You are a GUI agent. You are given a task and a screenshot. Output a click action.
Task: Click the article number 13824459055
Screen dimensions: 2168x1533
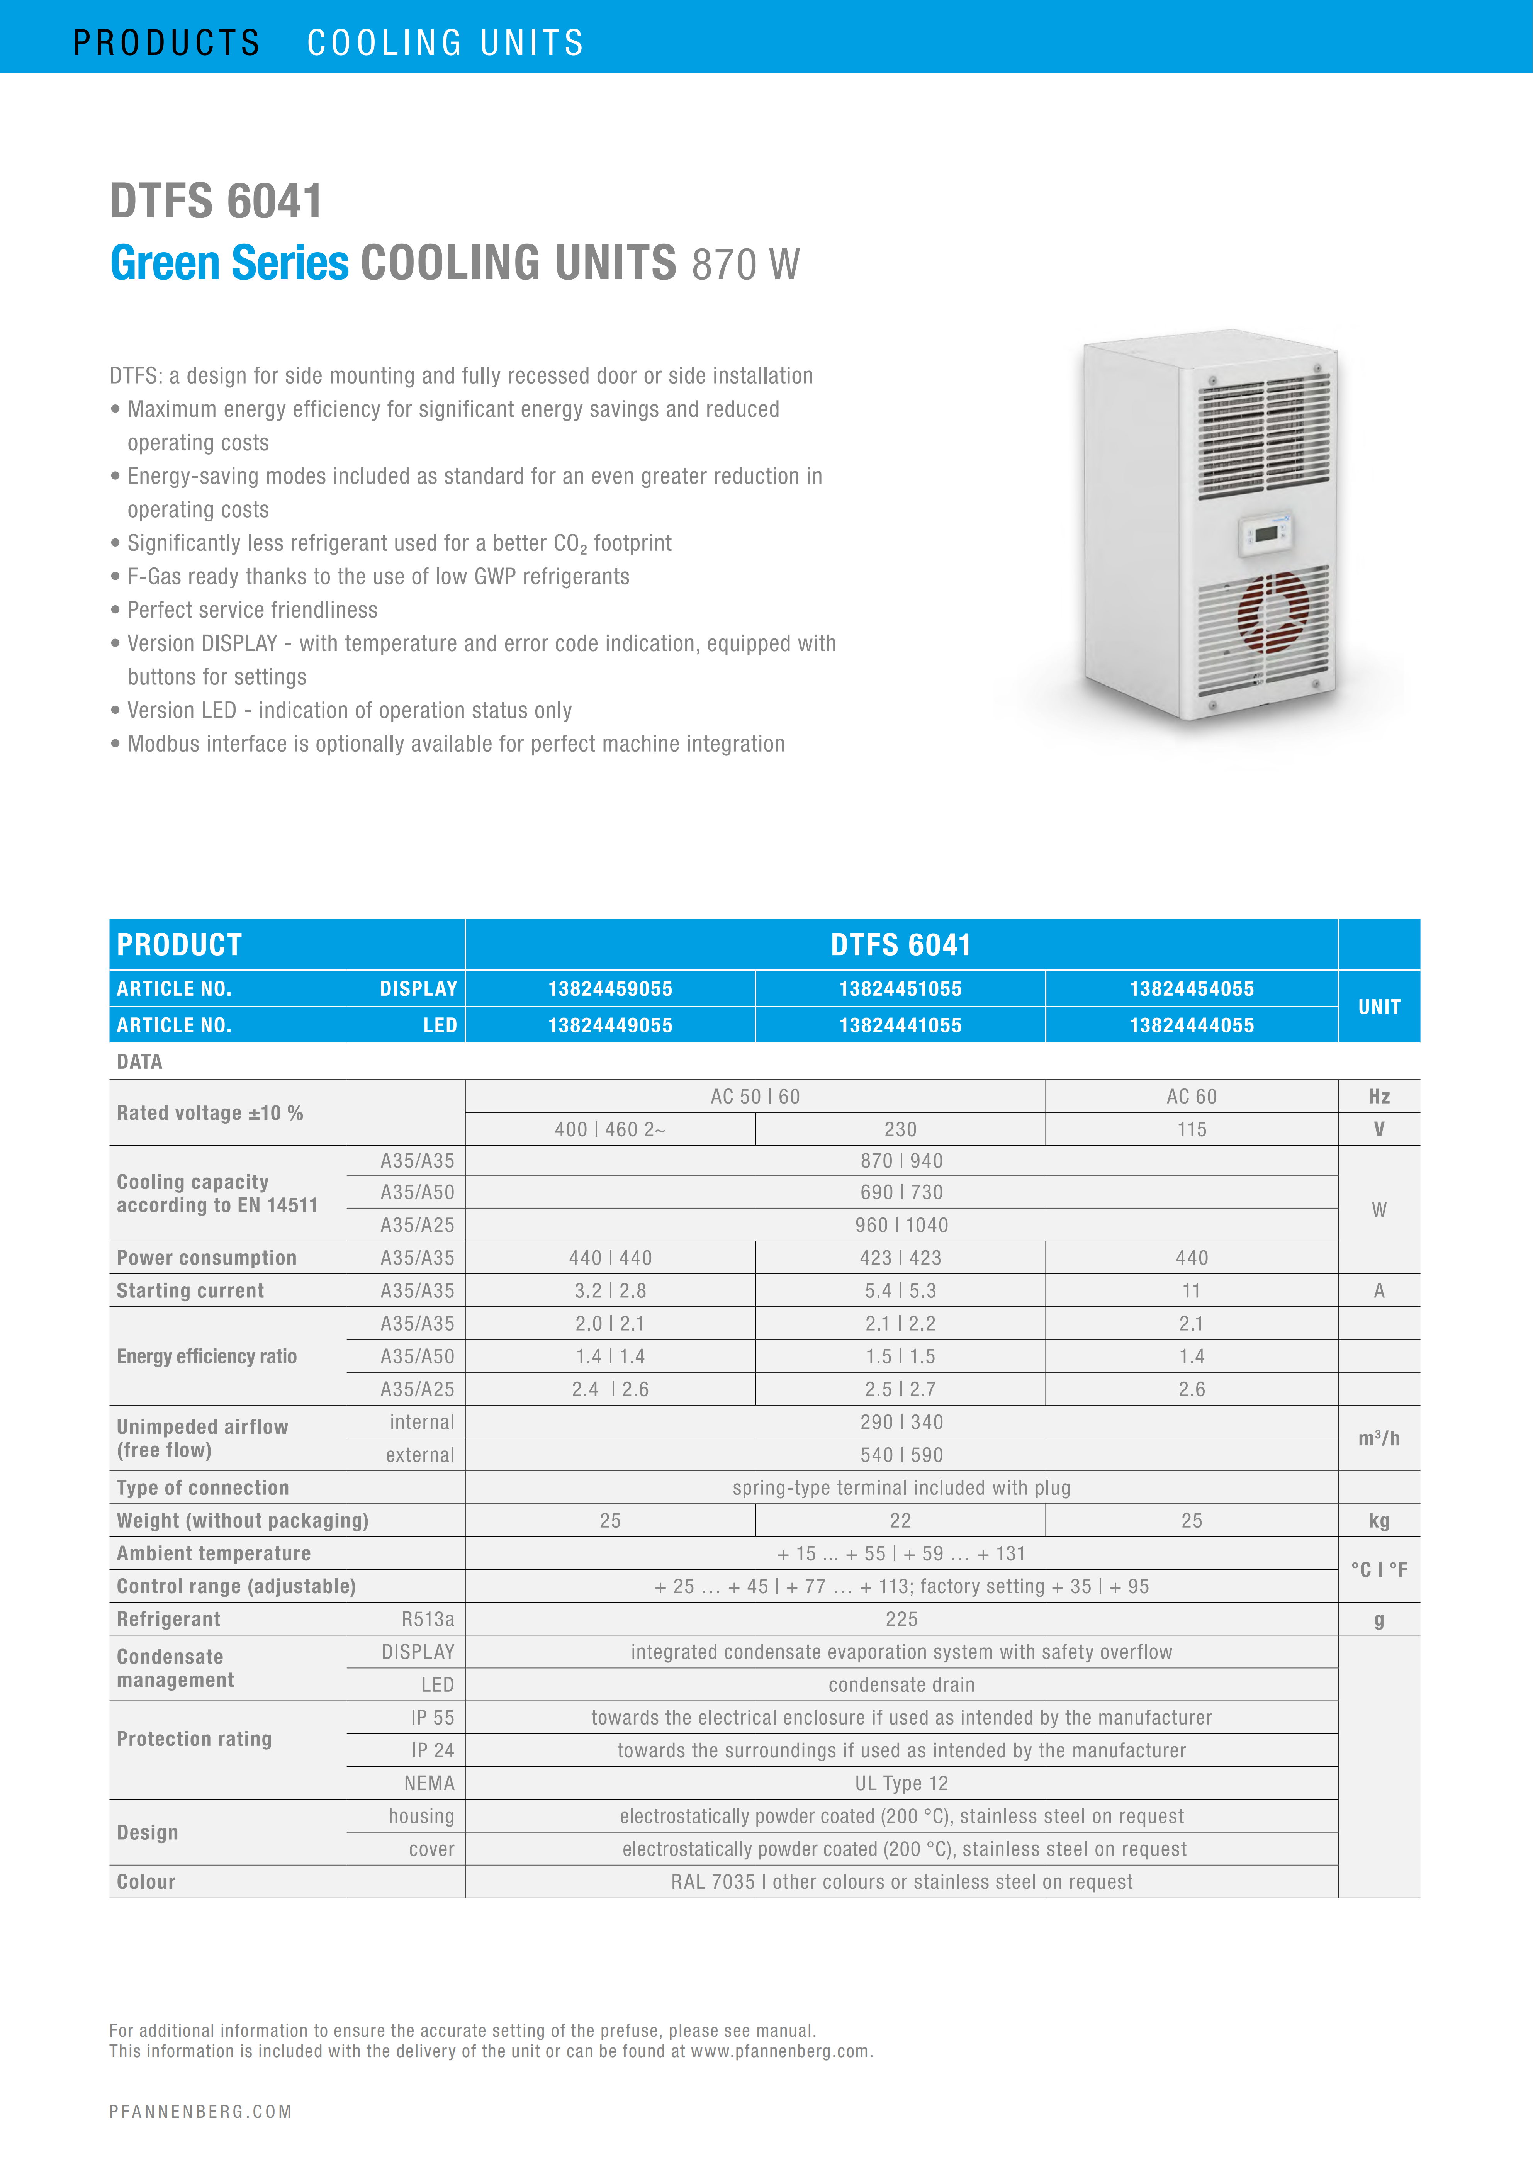click(610, 989)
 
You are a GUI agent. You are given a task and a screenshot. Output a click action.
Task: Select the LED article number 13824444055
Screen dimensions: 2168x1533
click(1191, 1025)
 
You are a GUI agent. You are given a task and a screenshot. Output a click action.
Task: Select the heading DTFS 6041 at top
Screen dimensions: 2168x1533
click(216, 201)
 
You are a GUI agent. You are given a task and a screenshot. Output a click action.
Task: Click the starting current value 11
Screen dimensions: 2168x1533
click(1191, 1291)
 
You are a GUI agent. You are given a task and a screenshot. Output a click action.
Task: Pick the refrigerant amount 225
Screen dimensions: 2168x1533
click(901, 1620)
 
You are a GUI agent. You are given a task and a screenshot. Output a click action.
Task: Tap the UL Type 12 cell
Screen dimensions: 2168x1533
click(901, 1784)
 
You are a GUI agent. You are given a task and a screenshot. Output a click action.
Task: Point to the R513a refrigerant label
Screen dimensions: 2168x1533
click(428, 1620)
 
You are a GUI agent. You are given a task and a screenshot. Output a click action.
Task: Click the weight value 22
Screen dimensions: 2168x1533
click(901, 1520)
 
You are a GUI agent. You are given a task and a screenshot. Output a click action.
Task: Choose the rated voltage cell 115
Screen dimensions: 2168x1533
click(1191, 1129)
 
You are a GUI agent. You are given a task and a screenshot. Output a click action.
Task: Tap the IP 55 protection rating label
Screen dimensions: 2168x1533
click(432, 1718)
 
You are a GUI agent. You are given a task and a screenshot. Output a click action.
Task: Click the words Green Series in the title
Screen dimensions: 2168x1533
click(229, 263)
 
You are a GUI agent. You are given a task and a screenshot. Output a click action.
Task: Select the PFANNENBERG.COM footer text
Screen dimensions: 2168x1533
click(200, 2111)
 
